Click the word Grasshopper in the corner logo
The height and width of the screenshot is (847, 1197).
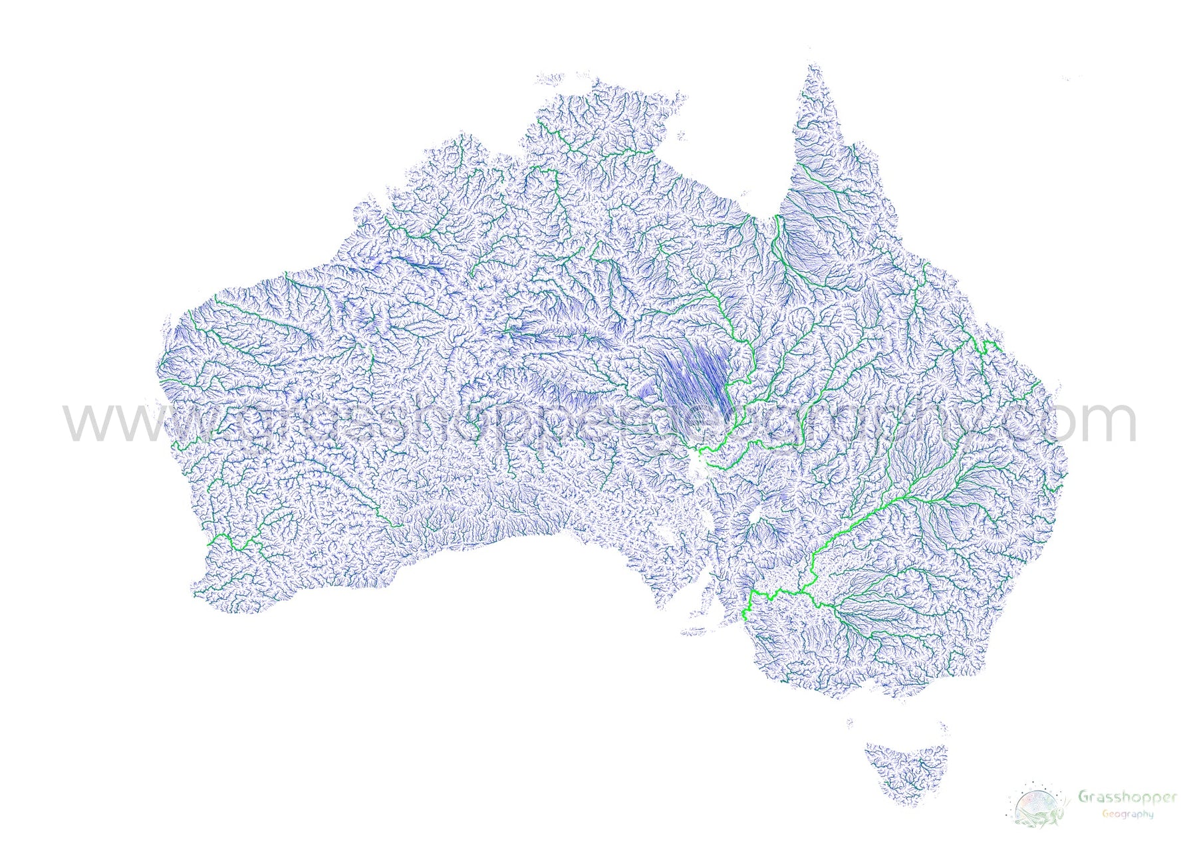coord(1127,796)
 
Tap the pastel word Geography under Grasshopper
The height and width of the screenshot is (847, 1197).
coord(1127,814)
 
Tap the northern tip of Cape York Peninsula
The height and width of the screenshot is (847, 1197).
coord(813,66)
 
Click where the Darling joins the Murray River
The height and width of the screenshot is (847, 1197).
coord(801,590)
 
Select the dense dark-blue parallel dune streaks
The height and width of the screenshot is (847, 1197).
coord(695,376)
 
